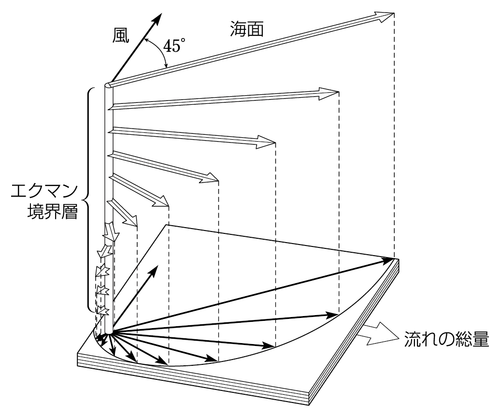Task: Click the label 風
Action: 121,36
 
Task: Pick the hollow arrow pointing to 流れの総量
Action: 377,335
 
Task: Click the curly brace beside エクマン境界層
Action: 89,198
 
